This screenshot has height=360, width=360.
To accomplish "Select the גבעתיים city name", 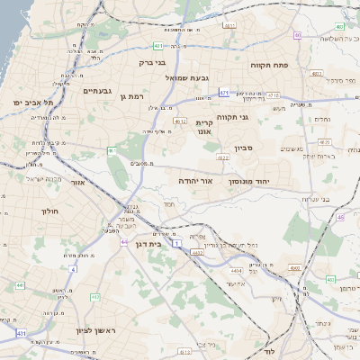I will (96, 91).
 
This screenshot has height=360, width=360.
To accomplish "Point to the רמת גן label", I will (130, 96).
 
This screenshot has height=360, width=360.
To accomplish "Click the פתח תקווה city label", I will (268, 66).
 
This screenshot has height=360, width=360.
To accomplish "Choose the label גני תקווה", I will (256, 116).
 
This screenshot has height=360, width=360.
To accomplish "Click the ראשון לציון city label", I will (93, 330).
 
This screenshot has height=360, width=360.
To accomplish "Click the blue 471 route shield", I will (223, 91).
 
